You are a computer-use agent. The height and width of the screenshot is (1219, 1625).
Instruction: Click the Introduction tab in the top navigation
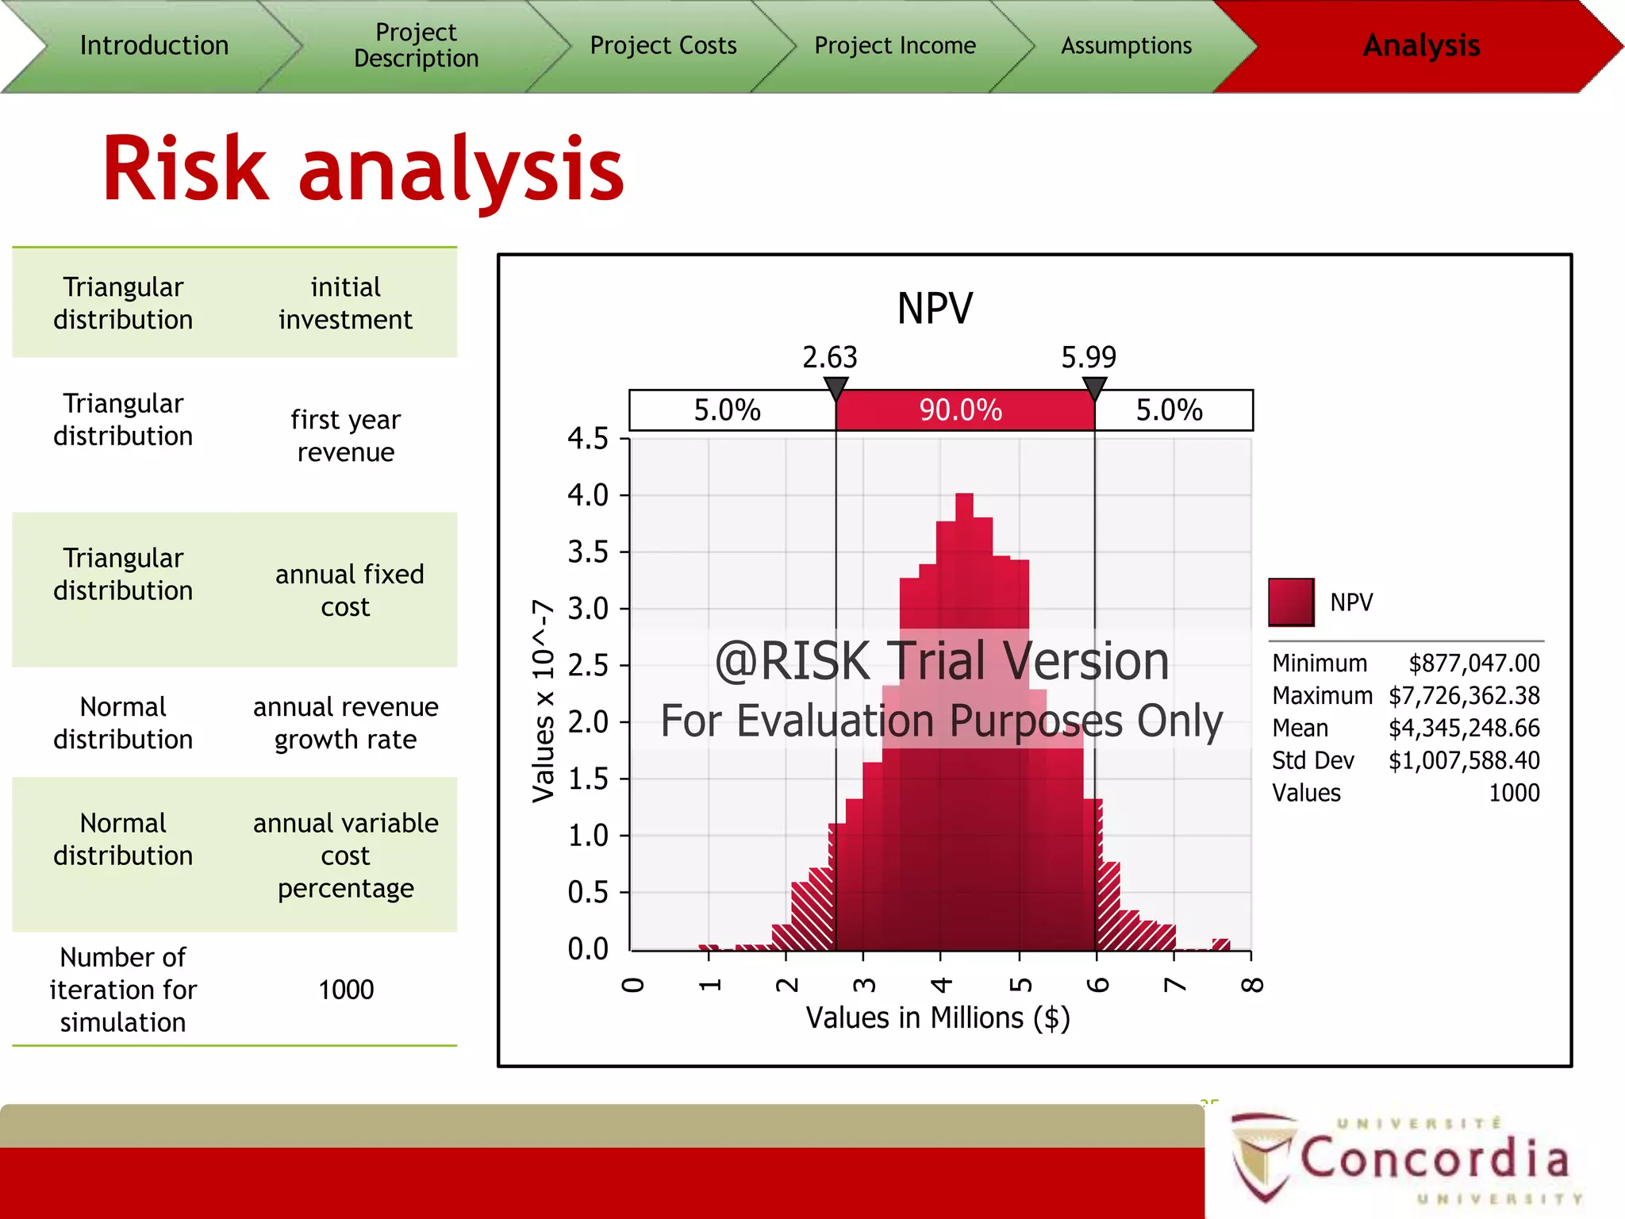[154, 46]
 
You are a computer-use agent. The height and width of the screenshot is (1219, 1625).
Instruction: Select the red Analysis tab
[1420, 46]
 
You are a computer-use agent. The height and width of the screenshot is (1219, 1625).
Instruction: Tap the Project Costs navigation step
[663, 46]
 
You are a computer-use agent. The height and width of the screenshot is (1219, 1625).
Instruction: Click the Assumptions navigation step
[1126, 46]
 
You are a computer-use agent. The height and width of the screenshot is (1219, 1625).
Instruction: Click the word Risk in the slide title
[186, 169]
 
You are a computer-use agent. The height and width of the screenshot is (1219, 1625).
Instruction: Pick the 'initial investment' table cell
[345, 303]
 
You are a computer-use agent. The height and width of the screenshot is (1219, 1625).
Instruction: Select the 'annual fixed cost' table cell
[348, 590]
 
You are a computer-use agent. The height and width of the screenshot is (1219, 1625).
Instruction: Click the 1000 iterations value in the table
[346, 990]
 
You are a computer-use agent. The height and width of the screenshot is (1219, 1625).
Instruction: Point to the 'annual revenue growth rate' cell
[345, 723]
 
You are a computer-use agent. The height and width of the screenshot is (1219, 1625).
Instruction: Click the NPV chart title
[935, 309]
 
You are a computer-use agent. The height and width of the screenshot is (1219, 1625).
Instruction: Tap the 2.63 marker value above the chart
[830, 357]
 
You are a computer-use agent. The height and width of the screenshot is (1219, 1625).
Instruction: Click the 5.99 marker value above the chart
[1089, 357]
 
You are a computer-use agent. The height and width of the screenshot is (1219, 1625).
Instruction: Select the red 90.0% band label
[961, 410]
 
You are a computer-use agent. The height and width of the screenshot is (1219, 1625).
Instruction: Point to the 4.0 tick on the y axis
[588, 495]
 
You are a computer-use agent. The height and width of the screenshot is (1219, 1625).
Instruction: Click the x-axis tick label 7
[1174, 985]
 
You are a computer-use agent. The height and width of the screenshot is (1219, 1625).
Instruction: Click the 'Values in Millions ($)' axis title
[938, 1017]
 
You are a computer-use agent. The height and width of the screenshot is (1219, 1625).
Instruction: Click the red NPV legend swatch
[1291, 602]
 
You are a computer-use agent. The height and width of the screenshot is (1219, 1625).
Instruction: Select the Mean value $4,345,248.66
[1463, 728]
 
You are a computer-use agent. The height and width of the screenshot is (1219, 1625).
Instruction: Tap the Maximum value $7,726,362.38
[1463, 695]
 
